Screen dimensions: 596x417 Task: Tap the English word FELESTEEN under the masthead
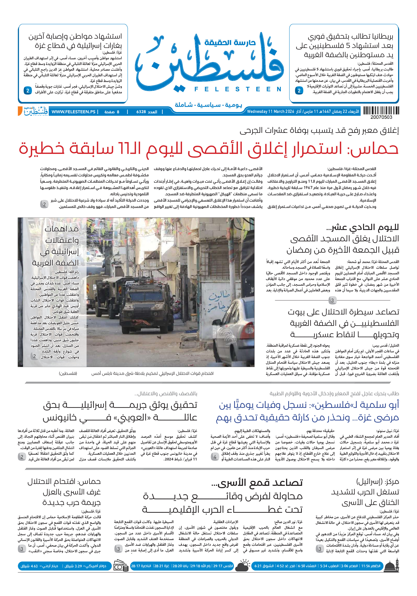tap(238, 89)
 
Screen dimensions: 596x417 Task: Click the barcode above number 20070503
tap(381, 110)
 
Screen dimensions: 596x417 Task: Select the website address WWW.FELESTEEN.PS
tap(73, 112)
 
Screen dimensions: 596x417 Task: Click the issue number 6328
tap(141, 112)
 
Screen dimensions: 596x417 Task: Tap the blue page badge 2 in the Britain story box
tap(299, 91)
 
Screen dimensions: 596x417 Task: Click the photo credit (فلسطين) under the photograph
tap(68, 373)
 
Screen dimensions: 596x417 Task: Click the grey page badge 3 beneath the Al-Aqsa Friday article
tap(332, 300)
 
